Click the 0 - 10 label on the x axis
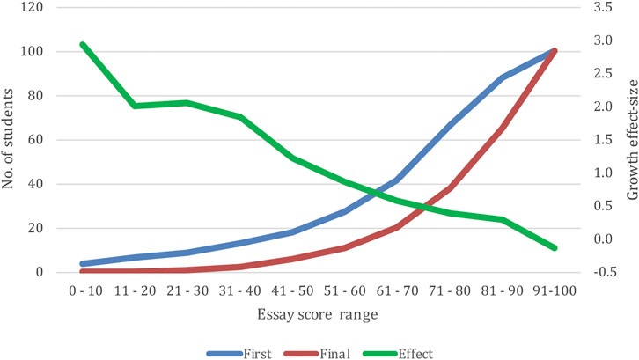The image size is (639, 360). [82, 289]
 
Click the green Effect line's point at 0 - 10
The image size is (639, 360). [82, 44]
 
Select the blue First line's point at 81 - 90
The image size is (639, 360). [503, 77]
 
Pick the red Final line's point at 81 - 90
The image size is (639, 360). [503, 128]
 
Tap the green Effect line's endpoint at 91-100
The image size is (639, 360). [555, 248]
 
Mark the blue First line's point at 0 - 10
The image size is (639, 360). [82, 263]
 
